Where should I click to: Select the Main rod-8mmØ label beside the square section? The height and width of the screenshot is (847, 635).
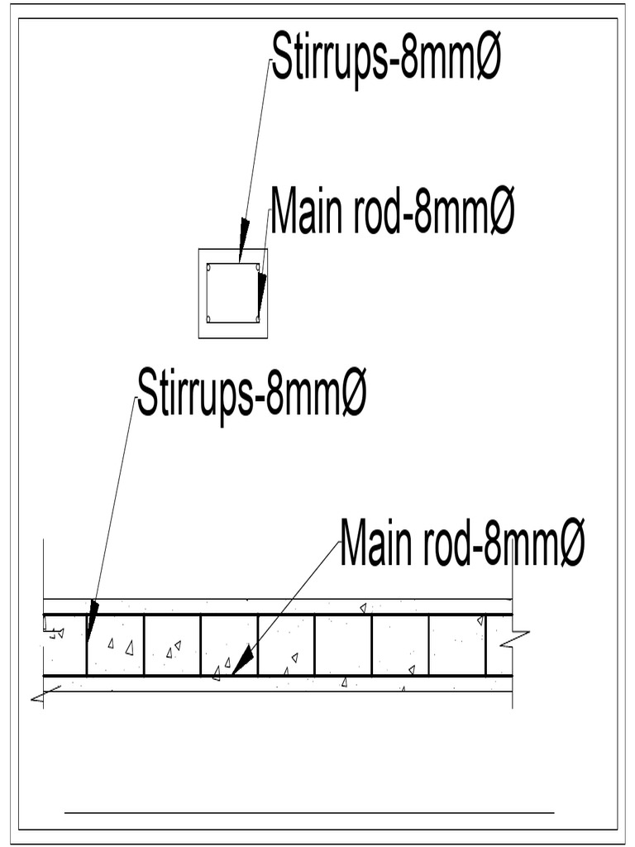pos(392,212)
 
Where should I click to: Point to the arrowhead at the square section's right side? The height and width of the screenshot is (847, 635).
pos(261,290)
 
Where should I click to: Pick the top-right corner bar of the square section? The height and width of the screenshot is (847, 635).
pos(258,267)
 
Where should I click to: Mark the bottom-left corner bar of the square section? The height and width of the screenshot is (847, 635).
pos(209,318)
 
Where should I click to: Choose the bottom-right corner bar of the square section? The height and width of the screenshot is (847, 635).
pos(257,318)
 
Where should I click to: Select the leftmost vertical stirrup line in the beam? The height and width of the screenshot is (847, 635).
pos(87,645)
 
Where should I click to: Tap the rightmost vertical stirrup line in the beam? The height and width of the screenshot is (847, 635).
pos(485,645)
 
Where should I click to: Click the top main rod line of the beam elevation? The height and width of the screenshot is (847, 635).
pos(331,615)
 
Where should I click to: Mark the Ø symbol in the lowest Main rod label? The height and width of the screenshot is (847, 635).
pos(571,543)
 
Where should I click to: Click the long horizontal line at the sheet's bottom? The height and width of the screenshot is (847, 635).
pos(309,813)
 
